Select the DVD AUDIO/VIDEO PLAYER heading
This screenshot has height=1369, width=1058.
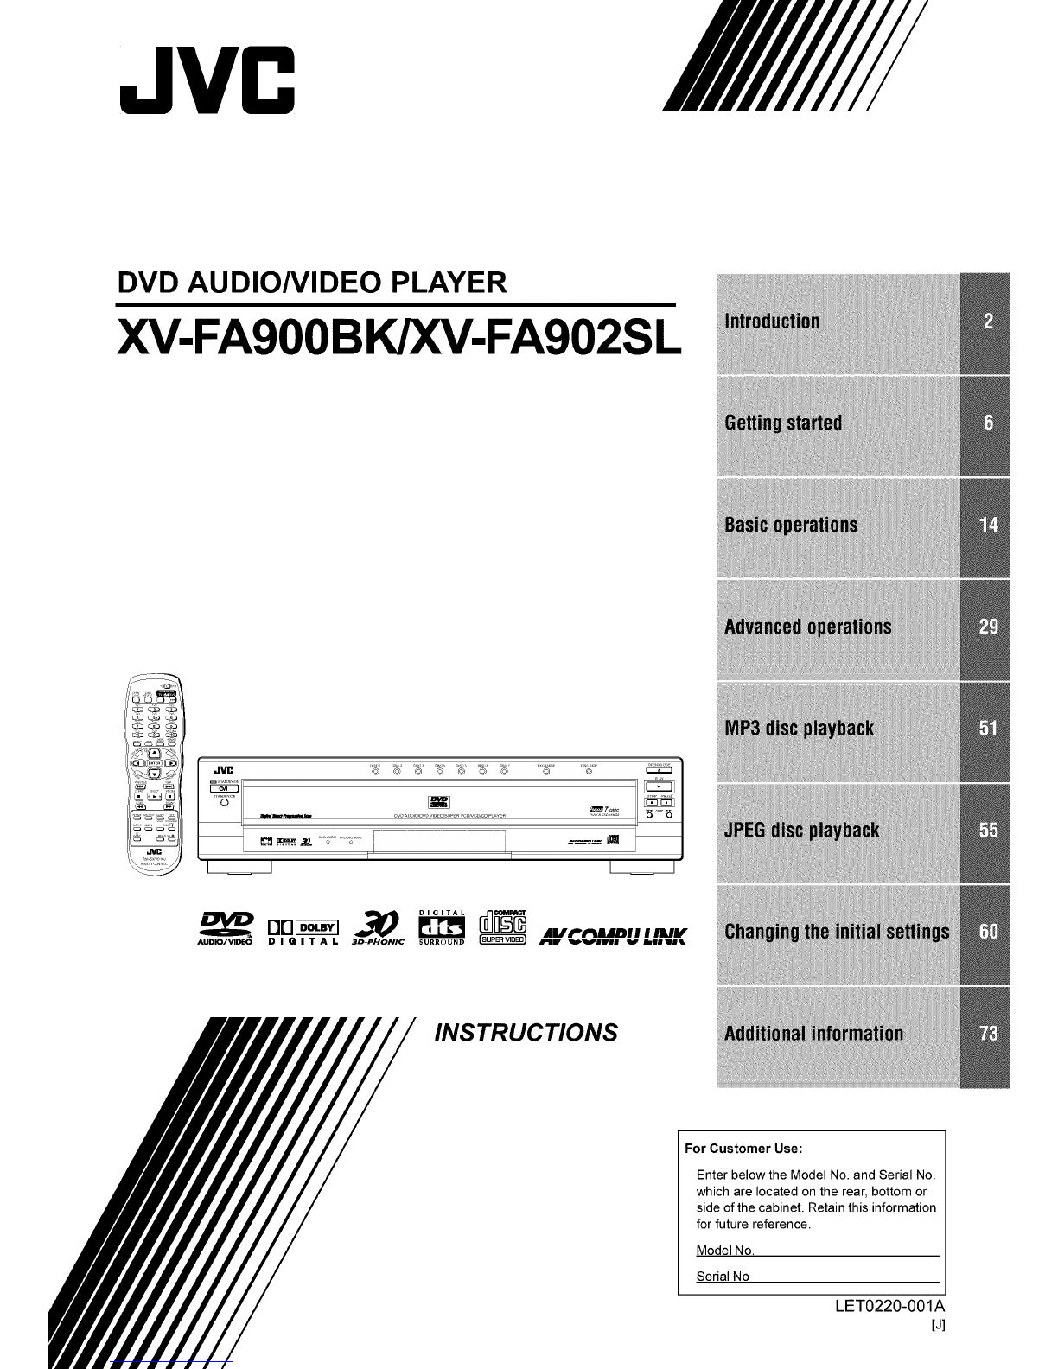pos(311,282)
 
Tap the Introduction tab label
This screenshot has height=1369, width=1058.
pos(772,322)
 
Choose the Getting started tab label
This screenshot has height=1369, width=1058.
pos(783,423)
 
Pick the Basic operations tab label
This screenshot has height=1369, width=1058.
pos(791,525)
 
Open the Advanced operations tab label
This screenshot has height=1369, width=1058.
pos(807,627)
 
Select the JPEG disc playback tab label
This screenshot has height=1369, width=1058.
pos(801,831)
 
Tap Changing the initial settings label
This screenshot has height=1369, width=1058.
pos(837,932)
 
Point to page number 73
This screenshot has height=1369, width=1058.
pos(988,1034)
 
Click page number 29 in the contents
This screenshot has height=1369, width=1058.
pos(988,627)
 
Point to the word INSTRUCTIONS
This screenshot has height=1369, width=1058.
pos(527,1033)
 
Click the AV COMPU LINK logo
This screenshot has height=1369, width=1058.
pos(613,936)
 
